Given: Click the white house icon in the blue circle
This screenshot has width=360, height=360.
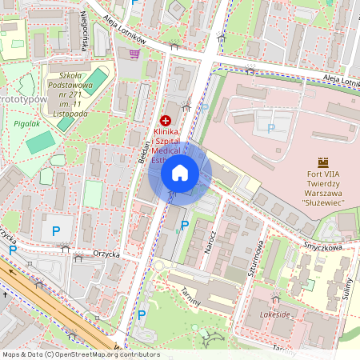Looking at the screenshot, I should tap(179, 172).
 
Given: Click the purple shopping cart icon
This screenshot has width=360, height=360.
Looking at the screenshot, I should tap(134, 54).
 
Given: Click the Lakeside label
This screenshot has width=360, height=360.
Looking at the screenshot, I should tap(275, 316).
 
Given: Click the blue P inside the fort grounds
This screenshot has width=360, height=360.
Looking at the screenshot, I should tap(270, 128).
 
